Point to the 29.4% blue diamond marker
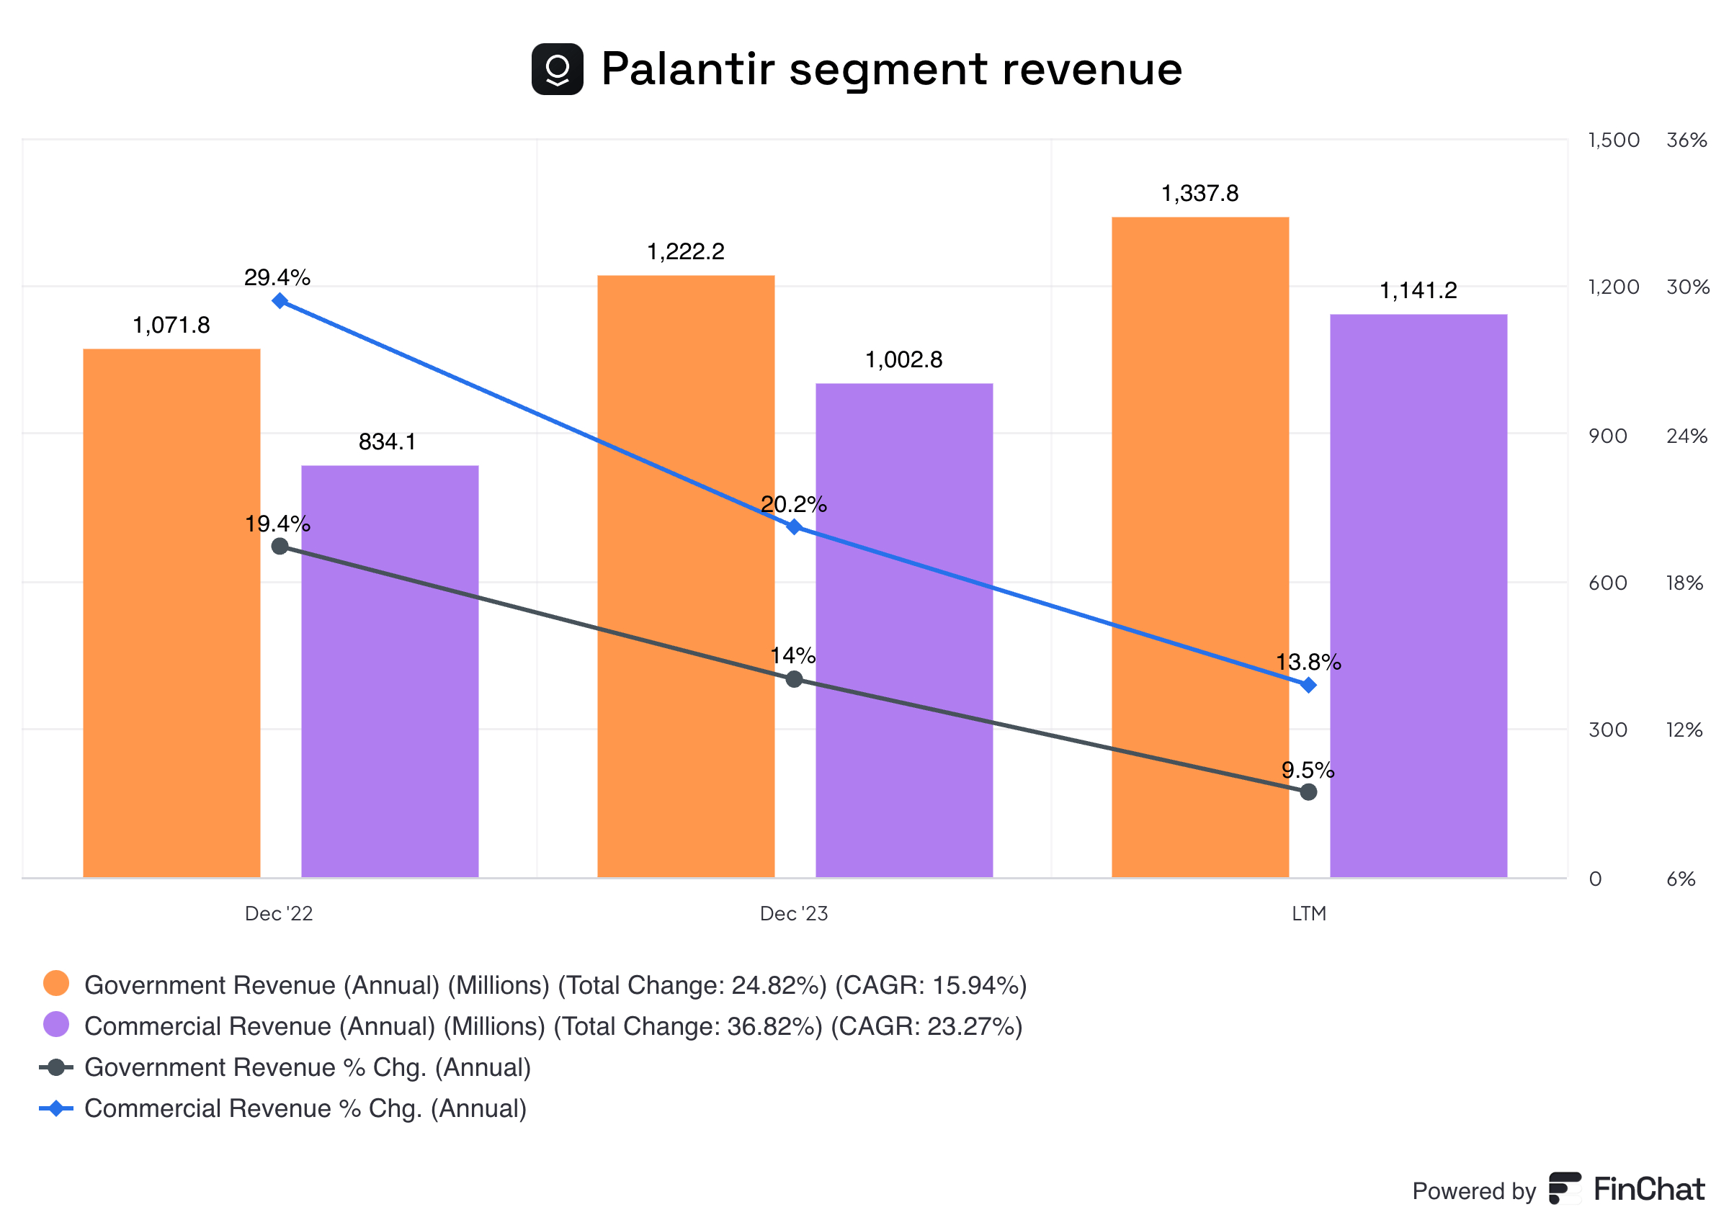coord(280,300)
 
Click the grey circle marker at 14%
coord(794,679)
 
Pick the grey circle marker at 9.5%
coord(1308,791)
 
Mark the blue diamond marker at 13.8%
coord(1308,684)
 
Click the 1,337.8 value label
coord(1199,194)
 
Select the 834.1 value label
coord(387,441)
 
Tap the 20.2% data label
coord(794,504)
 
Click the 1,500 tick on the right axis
coord(1613,140)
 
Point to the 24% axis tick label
coord(1686,436)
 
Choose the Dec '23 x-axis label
coord(794,913)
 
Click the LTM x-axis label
coord(1308,913)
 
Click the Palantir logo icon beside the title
coord(557,69)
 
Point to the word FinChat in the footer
coord(1648,1190)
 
